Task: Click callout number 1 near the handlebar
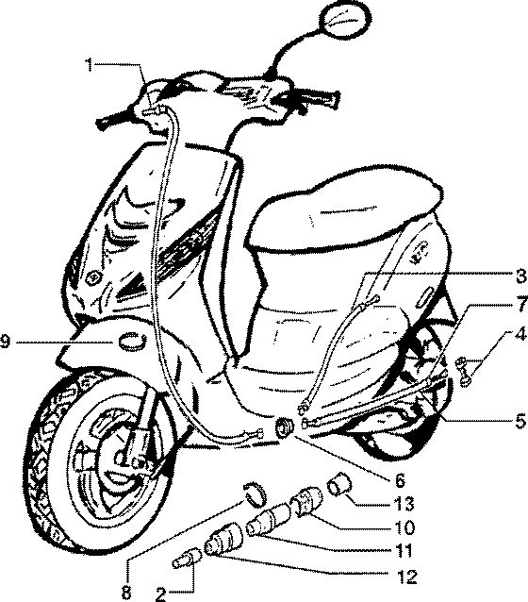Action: point(89,65)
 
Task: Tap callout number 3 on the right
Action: point(520,276)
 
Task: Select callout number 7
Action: point(520,304)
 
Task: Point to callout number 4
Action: point(520,334)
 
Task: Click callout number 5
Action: point(520,422)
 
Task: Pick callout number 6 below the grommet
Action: point(400,479)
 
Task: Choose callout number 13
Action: point(404,503)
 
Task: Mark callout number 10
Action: point(404,527)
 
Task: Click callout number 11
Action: point(403,551)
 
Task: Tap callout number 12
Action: point(406,577)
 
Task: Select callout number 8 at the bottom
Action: point(126,593)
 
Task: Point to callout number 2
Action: point(161,594)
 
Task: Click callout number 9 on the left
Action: point(6,342)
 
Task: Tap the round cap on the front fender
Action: point(133,341)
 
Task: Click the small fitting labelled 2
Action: point(186,558)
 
